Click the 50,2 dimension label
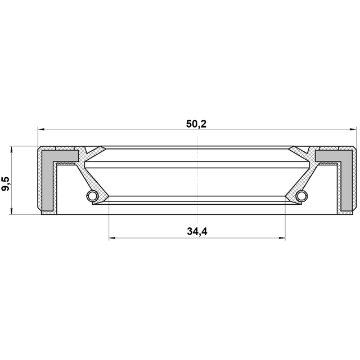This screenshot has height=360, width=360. click(x=196, y=124)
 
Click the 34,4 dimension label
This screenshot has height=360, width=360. click(x=197, y=231)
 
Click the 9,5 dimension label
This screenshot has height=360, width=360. click(x=6, y=184)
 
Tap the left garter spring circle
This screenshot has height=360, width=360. click(x=92, y=196)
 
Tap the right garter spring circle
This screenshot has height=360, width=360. click(x=301, y=196)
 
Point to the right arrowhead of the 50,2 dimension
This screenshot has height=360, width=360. click(x=353, y=129)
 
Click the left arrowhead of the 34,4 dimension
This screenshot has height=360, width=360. click(x=112, y=238)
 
